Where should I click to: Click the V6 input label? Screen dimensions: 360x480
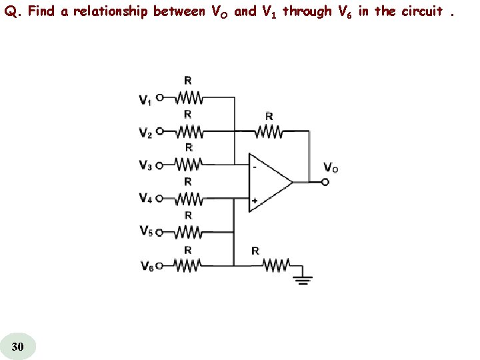point(146,265)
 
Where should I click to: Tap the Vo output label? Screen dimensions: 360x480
point(330,167)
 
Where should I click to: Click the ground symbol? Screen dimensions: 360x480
point(304,278)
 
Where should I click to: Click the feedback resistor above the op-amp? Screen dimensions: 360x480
point(269,131)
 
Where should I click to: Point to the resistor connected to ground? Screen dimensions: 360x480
point(274,265)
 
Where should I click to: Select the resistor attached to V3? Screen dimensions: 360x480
point(189,163)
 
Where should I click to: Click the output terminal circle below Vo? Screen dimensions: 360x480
point(325,181)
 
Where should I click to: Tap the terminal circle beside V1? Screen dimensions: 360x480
point(160,98)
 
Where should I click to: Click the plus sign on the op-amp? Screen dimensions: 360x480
point(255,199)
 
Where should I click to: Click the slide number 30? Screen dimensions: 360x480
point(19,346)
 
